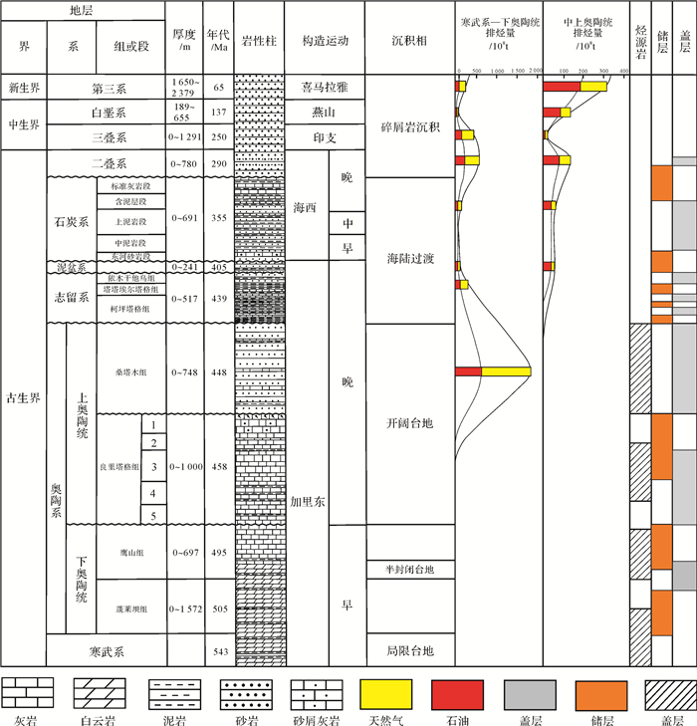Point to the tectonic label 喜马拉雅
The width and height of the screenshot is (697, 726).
tap(325, 87)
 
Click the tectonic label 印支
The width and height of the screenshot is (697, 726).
tap(325, 137)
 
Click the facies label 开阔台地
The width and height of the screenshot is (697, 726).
tap(409, 422)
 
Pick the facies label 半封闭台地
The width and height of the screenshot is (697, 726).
tap(409, 569)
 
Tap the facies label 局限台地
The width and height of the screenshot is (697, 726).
tap(409, 651)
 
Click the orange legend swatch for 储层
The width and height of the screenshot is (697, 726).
tap(601, 692)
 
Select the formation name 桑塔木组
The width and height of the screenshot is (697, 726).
tap(130, 372)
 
